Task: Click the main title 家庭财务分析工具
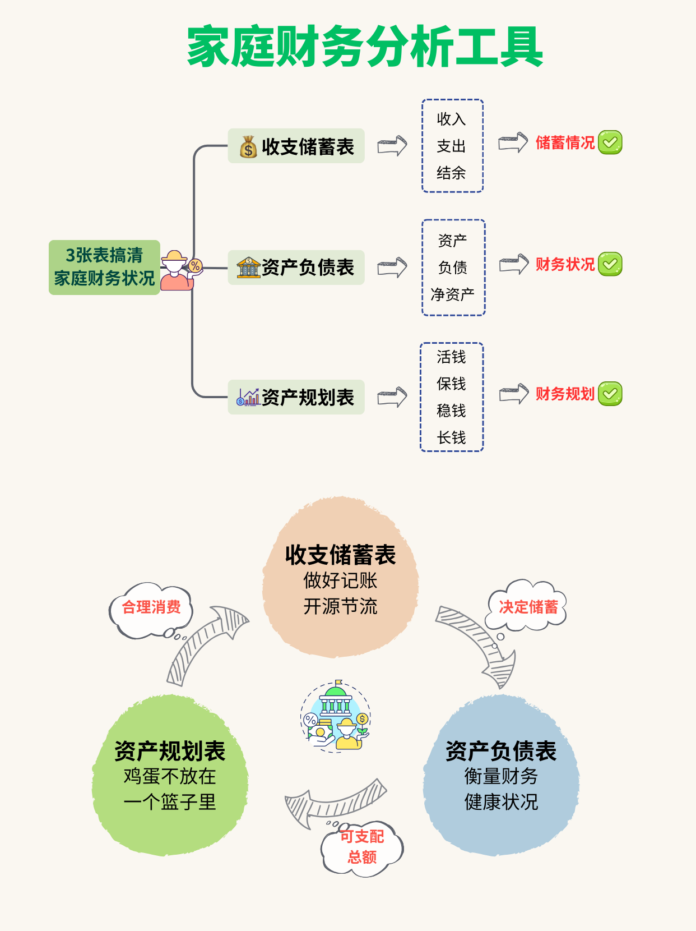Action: (365, 47)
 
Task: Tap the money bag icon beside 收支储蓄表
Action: (248, 147)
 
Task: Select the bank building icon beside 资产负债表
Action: (248, 268)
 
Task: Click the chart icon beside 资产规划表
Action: (248, 397)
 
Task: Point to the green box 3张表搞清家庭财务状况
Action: (104, 267)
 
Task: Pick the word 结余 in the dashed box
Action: (451, 173)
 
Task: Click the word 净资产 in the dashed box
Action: (452, 294)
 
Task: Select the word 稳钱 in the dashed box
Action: (451, 411)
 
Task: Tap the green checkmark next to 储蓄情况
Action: (610, 142)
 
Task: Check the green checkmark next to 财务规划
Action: (610, 394)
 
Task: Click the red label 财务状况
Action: (565, 264)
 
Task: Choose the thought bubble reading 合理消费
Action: (151, 607)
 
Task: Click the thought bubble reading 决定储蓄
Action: (528, 607)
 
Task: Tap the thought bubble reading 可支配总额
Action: (362, 847)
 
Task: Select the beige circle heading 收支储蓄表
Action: (340, 555)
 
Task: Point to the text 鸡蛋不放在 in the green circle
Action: (170, 776)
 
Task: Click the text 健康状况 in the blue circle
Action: (501, 802)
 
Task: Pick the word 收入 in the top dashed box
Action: (451, 119)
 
